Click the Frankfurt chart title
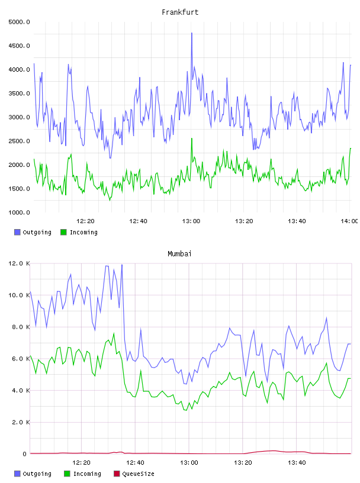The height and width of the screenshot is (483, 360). pos(180,12)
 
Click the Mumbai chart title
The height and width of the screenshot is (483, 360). pos(179,254)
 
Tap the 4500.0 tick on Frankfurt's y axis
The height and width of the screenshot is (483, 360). pos(19,46)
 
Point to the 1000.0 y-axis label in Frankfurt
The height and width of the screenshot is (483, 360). pos(19,212)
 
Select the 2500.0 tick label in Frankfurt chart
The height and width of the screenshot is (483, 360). pos(19,141)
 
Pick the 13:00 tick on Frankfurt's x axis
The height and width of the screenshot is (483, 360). pos(191,221)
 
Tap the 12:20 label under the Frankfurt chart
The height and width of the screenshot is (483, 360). pos(85,221)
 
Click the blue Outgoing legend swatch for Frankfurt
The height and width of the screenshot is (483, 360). pos(17,232)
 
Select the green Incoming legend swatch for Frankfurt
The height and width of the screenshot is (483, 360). pos(63,232)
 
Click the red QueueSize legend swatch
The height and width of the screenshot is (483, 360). pos(117,474)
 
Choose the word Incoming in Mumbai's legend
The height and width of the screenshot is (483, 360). pos(87,474)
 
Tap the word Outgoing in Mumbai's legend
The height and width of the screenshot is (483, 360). pos(37,474)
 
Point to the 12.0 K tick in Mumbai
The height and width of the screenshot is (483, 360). pos(19,263)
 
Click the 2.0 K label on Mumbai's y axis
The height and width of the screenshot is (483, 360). pos(21,422)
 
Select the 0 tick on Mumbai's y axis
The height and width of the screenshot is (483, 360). pos(25,454)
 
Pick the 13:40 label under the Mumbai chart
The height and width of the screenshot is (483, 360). pos(297,463)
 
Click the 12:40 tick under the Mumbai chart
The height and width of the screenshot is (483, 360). pos(135,463)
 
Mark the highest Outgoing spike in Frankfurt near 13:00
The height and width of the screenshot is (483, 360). pos(192,33)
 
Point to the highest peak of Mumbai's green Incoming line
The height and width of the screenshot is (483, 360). pos(114,333)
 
